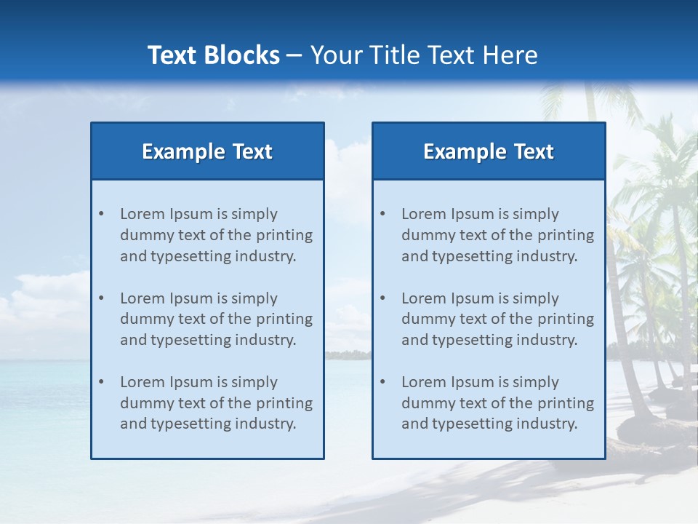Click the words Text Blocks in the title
213,55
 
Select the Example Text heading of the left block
207,151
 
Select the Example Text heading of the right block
489,151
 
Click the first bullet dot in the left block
101,214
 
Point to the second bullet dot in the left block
101,298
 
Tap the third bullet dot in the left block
101,382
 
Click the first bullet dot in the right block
382,214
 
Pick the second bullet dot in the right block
382,298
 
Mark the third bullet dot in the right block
382,382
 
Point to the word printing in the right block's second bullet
567,319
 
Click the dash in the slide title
294,55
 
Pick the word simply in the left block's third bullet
255,382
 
